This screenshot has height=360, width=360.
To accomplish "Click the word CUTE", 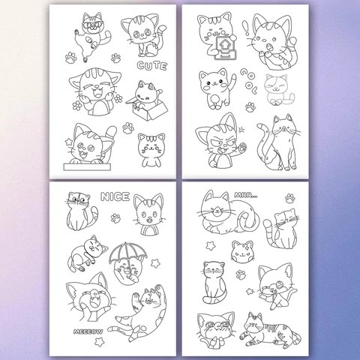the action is [152, 66].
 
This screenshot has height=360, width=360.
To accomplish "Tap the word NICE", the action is [115, 196].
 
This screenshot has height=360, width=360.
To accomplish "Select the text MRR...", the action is [246, 195].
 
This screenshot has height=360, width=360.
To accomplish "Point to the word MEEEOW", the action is [88, 331].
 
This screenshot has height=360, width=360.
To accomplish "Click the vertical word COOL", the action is [248, 81].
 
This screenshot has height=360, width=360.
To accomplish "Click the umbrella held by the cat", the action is [127, 253].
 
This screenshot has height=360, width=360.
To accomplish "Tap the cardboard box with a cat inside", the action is [150, 109].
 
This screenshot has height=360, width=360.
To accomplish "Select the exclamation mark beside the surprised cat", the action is [247, 28].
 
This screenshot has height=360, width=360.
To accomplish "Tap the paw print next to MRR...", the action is [290, 198].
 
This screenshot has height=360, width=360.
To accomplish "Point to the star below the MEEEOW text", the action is [99, 341].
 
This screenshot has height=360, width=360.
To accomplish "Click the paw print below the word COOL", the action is [250, 107].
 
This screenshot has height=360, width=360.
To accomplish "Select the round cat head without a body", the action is [242, 252].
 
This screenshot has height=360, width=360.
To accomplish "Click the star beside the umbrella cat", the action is [155, 263].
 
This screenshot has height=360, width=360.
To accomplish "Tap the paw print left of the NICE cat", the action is [115, 218].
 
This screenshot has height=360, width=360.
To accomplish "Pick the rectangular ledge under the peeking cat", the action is [87, 166].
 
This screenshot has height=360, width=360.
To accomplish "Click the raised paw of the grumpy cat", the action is [242, 148].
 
